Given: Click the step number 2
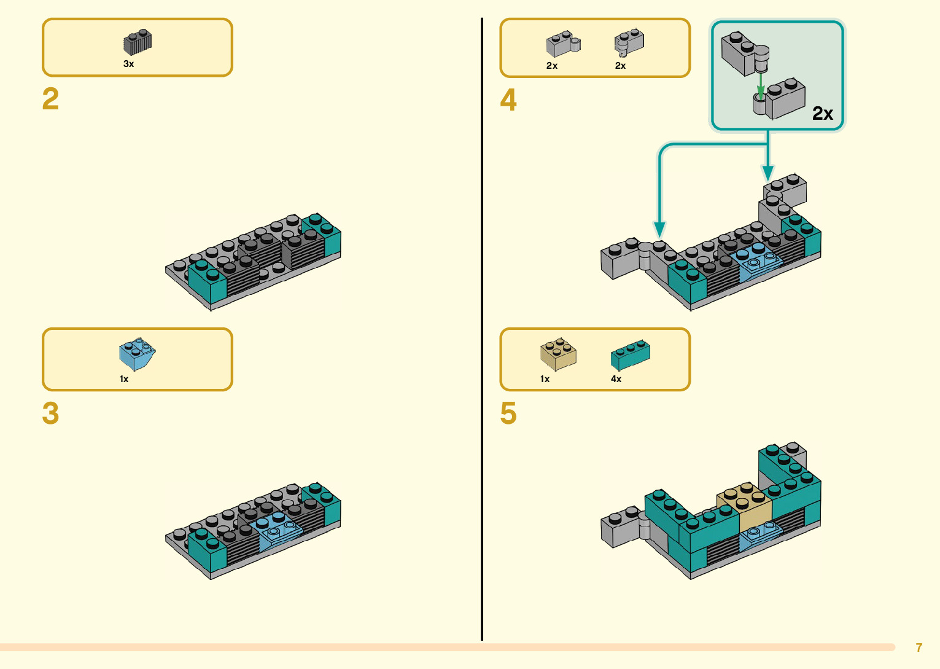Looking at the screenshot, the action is (x=50, y=99).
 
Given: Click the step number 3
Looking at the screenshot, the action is (x=50, y=413).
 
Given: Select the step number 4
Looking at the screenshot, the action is (x=508, y=100).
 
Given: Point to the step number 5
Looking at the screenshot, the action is (x=508, y=413).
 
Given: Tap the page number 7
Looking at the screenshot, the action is (x=919, y=647).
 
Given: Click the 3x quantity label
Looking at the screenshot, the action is (x=128, y=64).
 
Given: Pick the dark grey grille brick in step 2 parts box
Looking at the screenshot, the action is (x=137, y=42).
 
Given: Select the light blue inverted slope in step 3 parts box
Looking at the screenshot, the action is (x=137, y=354).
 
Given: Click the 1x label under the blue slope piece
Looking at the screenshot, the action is (x=124, y=379).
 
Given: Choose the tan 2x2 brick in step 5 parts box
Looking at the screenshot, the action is (x=558, y=354).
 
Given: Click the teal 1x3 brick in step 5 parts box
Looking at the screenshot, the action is (x=631, y=355).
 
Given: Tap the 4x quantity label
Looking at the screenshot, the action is (x=616, y=379).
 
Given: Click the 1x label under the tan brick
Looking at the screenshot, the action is (x=545, y=379).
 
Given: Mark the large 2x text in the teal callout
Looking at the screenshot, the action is (x=823, y=113).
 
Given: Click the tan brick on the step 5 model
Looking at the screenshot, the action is (x=744, y=506).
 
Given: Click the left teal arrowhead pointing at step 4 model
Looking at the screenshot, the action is (x=659, y=229).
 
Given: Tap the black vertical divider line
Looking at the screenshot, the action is (x=482, y=329).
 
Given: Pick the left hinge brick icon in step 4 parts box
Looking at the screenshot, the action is (x=563, y=44).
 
